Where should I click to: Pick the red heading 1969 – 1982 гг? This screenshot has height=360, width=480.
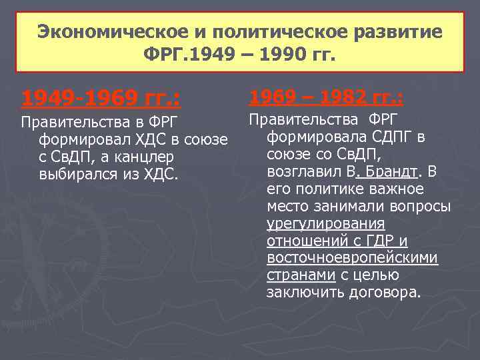coord(326,98)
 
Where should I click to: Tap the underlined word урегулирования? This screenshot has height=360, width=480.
coord(325,224)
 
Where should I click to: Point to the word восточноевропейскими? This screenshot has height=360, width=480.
coord(352,258)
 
